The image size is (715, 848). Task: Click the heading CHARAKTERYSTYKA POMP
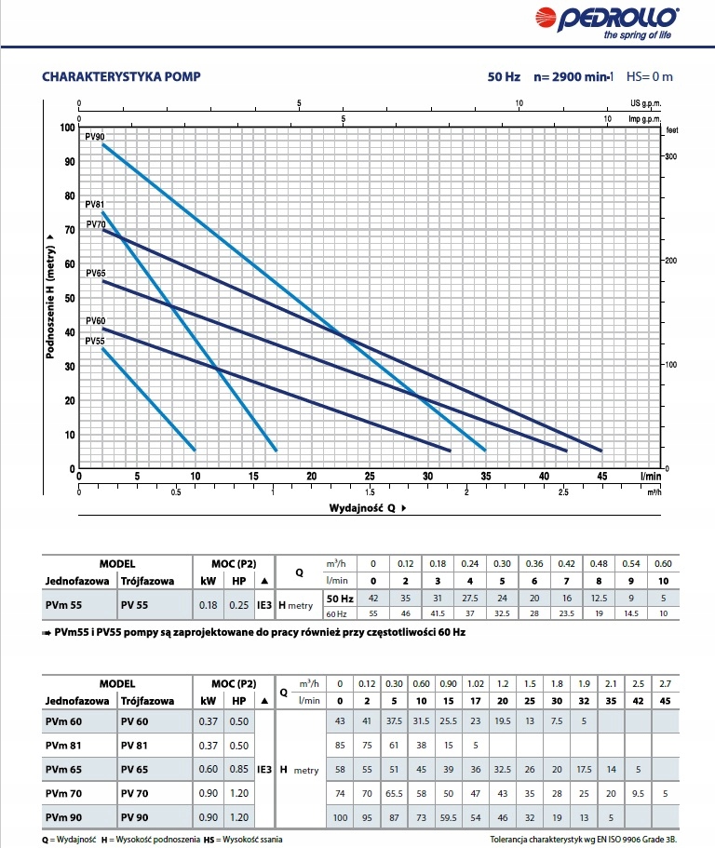point(122,76)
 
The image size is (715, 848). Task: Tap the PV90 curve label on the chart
point(94,137)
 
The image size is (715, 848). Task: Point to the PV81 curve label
point(94,205)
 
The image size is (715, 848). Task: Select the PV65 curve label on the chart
point(95,274)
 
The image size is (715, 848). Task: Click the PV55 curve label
point(95,342)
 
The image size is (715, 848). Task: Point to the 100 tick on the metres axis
point(65,128)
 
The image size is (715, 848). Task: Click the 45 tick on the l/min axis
point(601,476)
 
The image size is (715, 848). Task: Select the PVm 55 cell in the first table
point(63,605)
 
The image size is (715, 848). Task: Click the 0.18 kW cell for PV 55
point(209,605)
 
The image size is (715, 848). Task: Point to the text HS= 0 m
point(649,76)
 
